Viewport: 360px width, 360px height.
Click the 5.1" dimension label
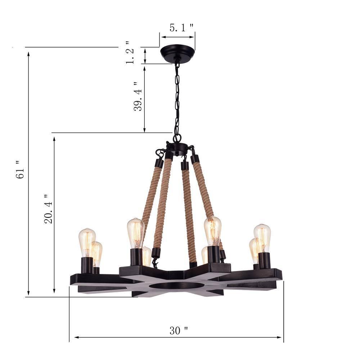[x=181, y=28]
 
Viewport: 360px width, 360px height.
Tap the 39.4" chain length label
[x=138, y=95]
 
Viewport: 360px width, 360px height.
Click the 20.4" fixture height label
[x=48, y=209]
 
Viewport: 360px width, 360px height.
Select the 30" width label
[x=179, y=330]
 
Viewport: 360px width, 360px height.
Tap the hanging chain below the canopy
[x=177, y=97]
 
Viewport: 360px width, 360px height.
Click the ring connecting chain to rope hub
[x=177, y=138]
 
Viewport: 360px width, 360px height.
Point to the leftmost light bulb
[x=87, y=242]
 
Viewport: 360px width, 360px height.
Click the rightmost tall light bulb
[x=262, y=238]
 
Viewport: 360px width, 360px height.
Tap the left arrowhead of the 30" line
[x=76, y=337]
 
